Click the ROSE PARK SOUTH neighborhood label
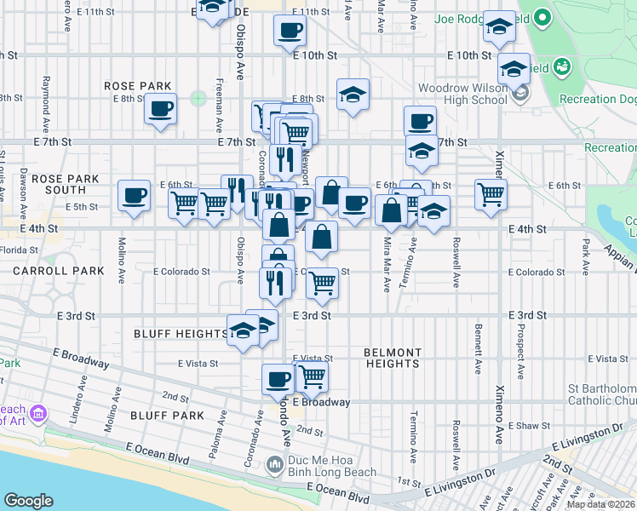pos(66,184)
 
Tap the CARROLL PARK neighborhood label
pos(58,271)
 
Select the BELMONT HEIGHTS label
pos(392,358)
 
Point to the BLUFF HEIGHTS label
pos(180,334)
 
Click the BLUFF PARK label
pos(169,416)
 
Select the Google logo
pos(28,501)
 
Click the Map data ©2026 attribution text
pos(600,504)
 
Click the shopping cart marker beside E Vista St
pos(313,375)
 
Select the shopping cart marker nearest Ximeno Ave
pos(491,193)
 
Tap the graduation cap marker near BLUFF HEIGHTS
pos(244,330)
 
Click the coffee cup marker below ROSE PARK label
pos(160,109)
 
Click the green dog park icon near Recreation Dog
pos(562,66)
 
